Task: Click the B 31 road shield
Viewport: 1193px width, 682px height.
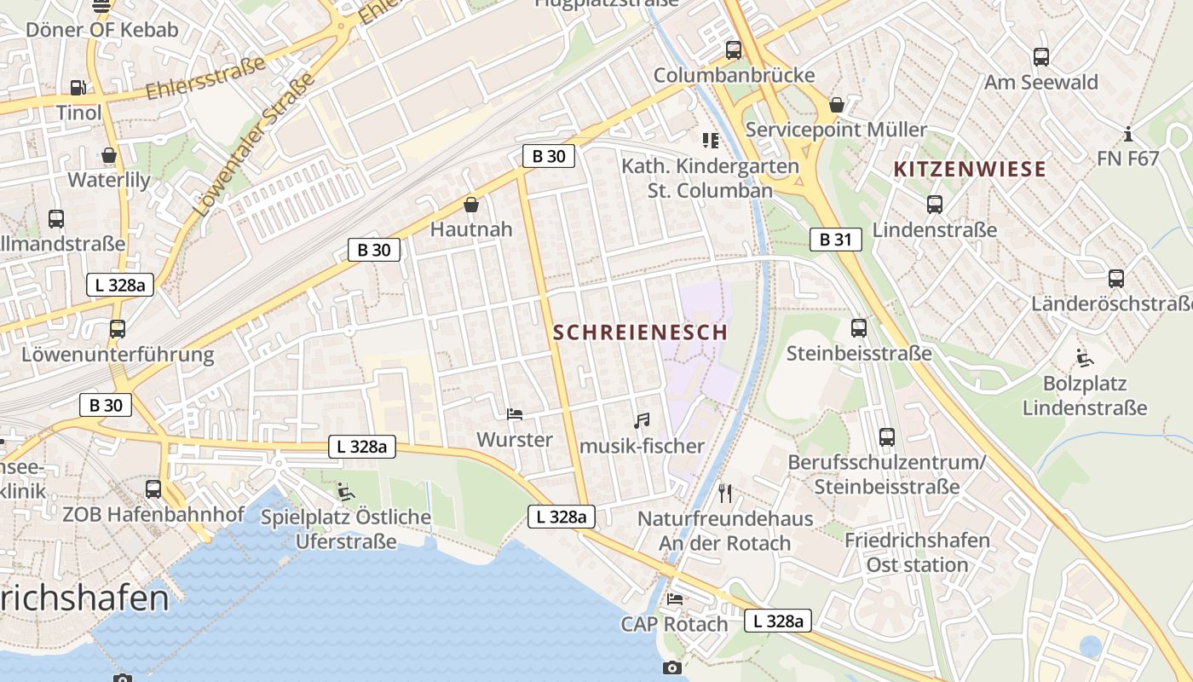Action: coord(835,240)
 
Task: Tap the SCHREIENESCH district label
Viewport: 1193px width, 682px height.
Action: coord(641,332)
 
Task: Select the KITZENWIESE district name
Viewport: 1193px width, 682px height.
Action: coord(970,169)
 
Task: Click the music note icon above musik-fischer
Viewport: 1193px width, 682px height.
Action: coord(642,420)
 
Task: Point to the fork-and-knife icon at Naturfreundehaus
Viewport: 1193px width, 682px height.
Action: coord(725,493)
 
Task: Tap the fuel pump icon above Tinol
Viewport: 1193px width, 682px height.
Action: coord(78,87)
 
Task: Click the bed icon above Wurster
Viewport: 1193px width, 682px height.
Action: coord(515,414)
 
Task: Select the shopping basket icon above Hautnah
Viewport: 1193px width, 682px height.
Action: coord(470,205)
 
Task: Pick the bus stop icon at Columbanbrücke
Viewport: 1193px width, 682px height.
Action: coord(734,50)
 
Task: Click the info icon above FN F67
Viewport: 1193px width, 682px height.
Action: coord(1128,134)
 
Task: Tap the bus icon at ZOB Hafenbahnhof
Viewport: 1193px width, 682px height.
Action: coord(153,489)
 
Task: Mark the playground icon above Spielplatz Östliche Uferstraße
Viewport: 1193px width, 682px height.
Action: coord(345,492)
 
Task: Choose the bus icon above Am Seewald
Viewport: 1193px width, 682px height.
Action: coord(1040,57)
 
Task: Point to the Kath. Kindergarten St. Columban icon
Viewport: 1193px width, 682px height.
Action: coord(710,140)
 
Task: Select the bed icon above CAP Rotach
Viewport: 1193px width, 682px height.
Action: coord(675,598)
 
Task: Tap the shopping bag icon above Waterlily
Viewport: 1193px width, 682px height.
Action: coord(109,155)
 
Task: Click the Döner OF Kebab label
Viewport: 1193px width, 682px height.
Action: coord(102,30)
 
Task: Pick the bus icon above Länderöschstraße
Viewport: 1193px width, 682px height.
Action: coord(1115,278)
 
